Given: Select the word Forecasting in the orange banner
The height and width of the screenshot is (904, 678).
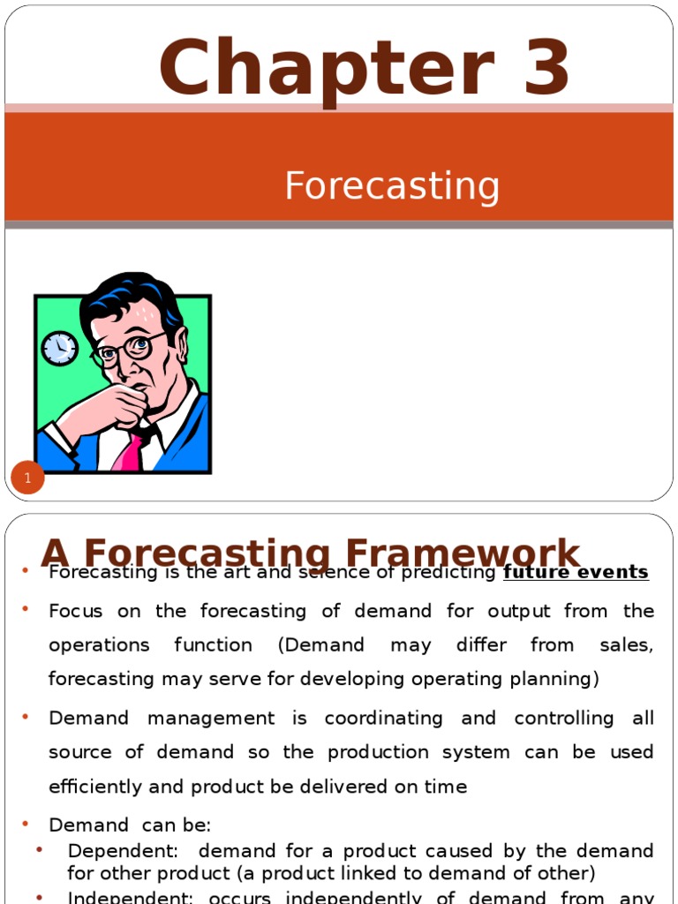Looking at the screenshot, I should tap(392, 186).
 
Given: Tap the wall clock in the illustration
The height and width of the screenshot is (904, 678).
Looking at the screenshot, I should tap(59, 348).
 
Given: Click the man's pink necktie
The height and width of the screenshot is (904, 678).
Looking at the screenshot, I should tap(129, 452).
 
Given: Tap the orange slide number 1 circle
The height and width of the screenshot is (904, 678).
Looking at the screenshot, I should tap(27, 478).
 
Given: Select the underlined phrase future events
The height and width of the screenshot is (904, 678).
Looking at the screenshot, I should tap(576, 572).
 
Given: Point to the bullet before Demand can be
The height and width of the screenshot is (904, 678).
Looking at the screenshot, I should tap(26, 824).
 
